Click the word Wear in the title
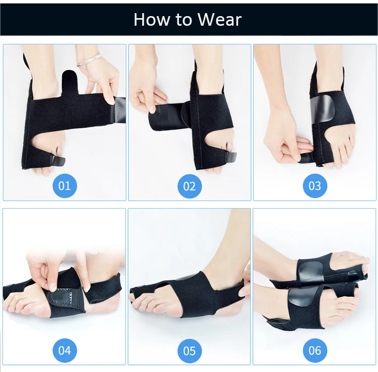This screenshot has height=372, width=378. click(x=220, y=19)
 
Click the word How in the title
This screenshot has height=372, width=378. click(x=152, y=19)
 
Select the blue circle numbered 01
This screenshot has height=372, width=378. click(x=65, y=185)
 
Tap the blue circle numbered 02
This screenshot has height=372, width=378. click(x=190, y=186)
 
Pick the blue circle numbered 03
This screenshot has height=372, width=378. click(x=315, y=185)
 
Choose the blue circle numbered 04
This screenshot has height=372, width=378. click(x=65, y=350)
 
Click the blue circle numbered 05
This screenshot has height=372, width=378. click(x=190, y=351)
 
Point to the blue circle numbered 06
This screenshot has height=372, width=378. click(x=315, y=350)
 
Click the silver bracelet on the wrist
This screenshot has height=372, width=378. click(x=89, y=60)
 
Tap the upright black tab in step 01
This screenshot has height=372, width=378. click(x=70, y=82)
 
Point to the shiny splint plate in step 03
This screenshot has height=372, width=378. click(x=322, y=108)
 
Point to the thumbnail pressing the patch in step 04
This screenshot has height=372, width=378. click(x=52, y=287)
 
